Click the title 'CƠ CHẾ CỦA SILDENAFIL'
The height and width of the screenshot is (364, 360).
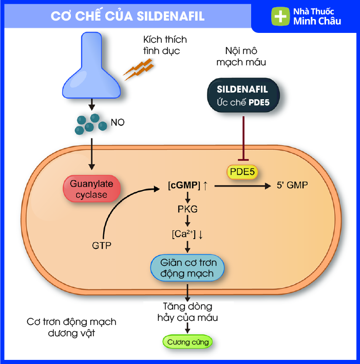127,16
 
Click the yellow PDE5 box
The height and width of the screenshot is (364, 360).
241,171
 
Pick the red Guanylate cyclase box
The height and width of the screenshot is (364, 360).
91,188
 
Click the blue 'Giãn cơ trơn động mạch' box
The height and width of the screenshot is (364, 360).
187,267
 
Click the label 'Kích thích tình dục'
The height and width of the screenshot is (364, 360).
166,45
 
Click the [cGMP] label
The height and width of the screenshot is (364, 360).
183,185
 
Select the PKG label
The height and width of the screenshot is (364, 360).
187,209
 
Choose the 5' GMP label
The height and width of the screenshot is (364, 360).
292,185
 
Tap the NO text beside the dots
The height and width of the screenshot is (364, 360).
118,123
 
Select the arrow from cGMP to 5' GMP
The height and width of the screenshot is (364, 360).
241,186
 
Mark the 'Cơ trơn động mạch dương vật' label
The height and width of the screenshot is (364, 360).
71,327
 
